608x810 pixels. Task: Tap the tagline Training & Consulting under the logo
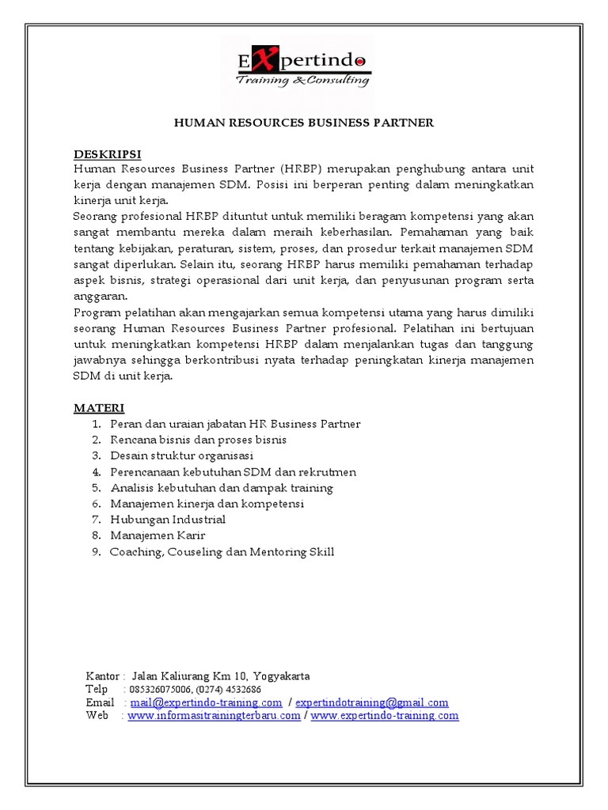click(x=303, y=80)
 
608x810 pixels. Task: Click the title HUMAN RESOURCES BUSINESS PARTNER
click(x=304, y=123)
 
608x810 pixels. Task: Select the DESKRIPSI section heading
click(x=108, y=153)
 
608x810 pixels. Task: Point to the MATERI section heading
click(x=99, y=408)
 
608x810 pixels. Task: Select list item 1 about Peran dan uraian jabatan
click(x=235, y=424)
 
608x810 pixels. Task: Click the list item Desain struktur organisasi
click(x=182, y=456)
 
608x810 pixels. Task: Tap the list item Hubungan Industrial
click(x=168, y=520)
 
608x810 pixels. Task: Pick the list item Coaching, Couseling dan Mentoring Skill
click(x=222, y=551)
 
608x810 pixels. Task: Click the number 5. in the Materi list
click(x=96, y=488)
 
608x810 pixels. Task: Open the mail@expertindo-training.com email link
click(x=207, y=702)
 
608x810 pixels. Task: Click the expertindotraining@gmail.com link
click(x=372, y=702)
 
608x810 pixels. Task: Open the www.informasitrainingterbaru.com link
click(x=214, y=716)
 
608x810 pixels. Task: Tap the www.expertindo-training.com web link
click(x=385, y=716)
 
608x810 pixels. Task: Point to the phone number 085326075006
click(x=163, y=689)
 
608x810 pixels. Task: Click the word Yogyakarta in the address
click(x=283, y=676)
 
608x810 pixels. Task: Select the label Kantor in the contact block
click(x=102, y=676)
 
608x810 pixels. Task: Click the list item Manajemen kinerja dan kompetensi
click(x=207, y=504)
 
